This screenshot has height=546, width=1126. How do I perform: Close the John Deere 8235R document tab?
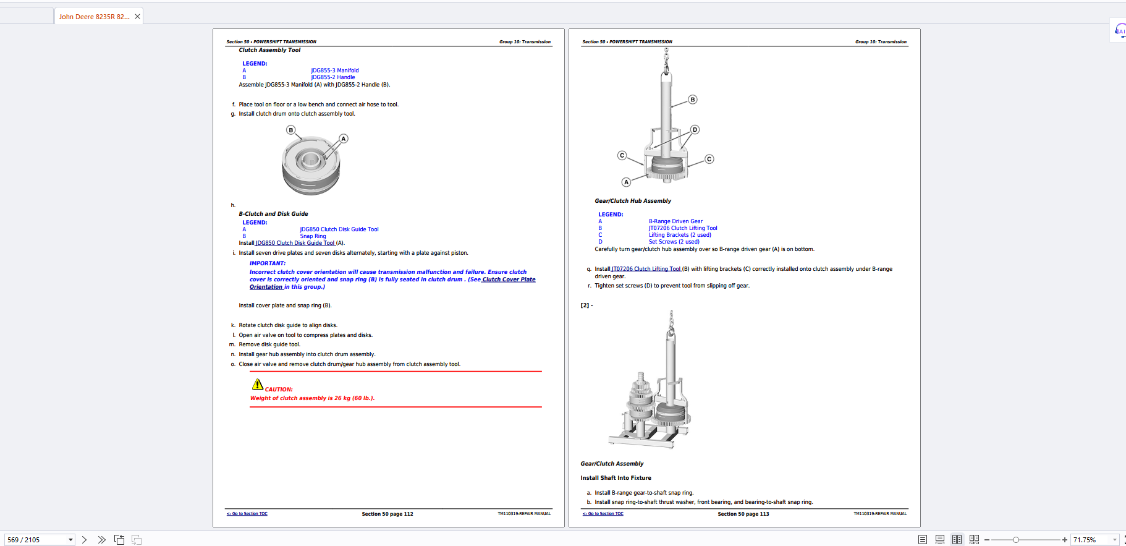137,17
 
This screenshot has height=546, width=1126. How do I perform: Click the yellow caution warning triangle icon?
258,384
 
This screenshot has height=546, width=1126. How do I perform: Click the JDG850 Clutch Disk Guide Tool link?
295,243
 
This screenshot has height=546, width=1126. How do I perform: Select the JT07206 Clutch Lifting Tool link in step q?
646,269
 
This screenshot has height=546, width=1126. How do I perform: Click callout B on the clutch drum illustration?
290,130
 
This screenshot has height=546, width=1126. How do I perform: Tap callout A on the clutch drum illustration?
344,139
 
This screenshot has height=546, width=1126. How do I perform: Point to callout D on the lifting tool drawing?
695,130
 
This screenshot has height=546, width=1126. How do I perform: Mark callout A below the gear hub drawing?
626,182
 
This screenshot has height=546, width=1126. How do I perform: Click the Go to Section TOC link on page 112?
247,514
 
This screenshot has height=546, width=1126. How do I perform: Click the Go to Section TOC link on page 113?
603,514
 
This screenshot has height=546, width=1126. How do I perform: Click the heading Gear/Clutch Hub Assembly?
632,201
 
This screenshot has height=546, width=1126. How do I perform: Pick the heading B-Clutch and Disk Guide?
273,214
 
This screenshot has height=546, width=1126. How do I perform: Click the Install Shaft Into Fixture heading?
616,478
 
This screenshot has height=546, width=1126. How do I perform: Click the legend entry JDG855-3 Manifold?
334,70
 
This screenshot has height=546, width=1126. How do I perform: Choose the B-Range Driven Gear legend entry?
675,221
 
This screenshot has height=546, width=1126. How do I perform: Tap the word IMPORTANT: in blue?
267,263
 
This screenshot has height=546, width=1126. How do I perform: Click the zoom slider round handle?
1015,540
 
